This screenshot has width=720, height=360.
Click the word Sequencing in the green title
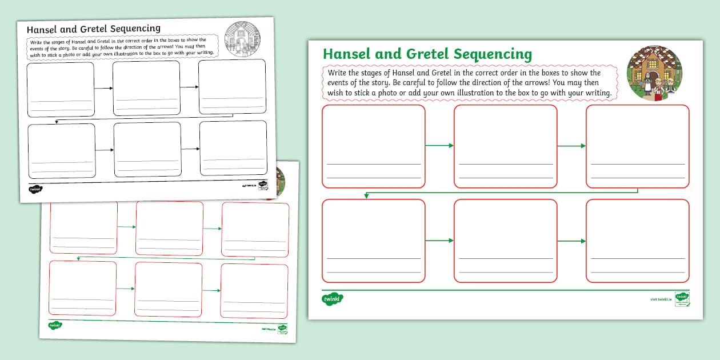pyautogui.click(x=493, y=55)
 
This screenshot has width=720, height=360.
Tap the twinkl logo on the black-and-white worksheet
pyautogui.click(x=36, y=188)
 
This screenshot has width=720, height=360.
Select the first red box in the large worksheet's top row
pyautogui.click(x=373, y=146)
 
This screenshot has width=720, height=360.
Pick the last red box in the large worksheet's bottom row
pyautogui.click(x=637, y=241)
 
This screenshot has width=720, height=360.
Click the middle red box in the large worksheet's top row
pyautogui.click(x=505, y=146)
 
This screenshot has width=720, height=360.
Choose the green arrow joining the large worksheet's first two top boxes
pyautogui.click(x=439, y=146)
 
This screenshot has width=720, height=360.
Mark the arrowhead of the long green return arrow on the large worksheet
pyautogui.click(x=366, y=197)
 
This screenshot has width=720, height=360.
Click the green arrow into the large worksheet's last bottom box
pyautogui.click(x=571, y=241)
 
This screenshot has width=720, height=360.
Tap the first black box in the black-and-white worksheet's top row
pyautogui.click(x=61, y=89)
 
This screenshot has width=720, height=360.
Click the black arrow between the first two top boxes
pyautogui.click(x=103, y=88)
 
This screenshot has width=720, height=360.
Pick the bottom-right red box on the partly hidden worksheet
pyautogui.click(x=254, y=291)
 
